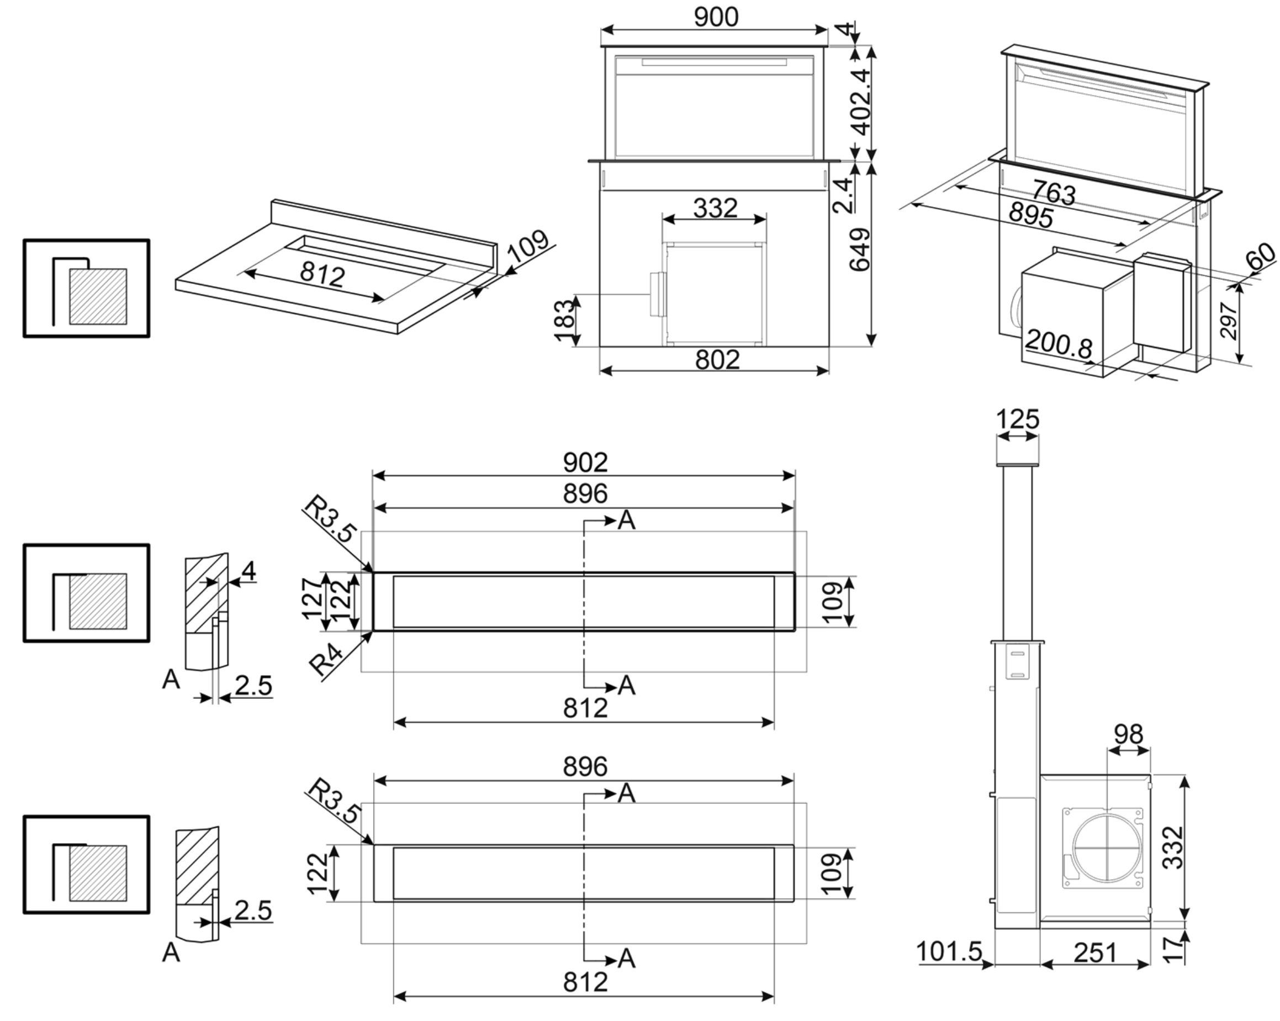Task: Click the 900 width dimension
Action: point(716,17)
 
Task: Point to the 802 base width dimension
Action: point(717,360)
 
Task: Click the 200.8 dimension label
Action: point(1059,344)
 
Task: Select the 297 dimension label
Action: point(1228,321)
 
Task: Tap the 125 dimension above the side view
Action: point(1018,419)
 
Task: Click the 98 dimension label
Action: point(1128,735)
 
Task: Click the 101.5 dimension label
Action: point(949,951)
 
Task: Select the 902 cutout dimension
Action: point(585,462)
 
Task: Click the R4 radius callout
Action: point(326,660)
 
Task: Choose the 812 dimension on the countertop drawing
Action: point(322,275)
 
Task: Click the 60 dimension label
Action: point(1260,256)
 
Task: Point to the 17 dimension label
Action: point(1172,949)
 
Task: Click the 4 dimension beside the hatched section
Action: point(248,571)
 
